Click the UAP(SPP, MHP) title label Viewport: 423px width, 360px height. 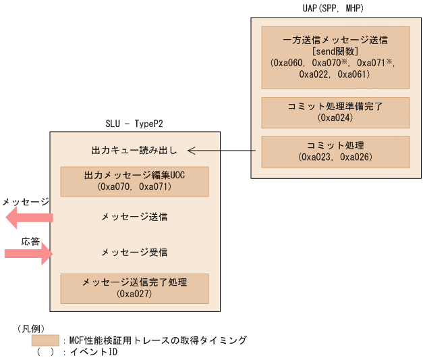click(x=335, y=8)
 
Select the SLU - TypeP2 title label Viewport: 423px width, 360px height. click(x=134, y=124)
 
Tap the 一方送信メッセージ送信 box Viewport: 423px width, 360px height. click(x=335, y=57)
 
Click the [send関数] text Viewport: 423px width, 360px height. click(x=335, y=51)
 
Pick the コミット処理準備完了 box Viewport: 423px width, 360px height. click(x=335, y=112)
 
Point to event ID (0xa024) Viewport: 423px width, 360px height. click(x=335, y=118)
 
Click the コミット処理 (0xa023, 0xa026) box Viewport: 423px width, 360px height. click(x=335, y=151)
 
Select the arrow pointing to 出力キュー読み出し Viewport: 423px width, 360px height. click(x=223, y=150)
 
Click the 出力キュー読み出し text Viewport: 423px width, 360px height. click(x=134, y=150)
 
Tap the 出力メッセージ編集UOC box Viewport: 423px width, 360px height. click(x=134, y=180)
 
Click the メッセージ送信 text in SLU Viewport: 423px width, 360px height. click(x=134, y=217)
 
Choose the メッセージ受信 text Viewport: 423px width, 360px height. click(x=134, y=252)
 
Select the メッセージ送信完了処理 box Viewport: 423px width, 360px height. click(x=134, y=288)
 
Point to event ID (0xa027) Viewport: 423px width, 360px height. click(x=134, y=294)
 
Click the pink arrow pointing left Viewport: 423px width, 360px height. click(x=28, y=217)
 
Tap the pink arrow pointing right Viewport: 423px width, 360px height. click(x=28, y=253)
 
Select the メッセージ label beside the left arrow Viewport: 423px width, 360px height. click(x=24, y=202)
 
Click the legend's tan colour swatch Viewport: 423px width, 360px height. click(x=45, y=340)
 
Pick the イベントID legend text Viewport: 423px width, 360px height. click(x=94, y=352)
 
